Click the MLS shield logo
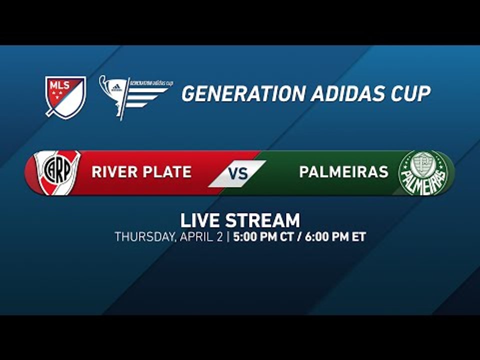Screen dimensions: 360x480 tap(65, 96)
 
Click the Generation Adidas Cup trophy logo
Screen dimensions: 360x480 tap(134, 95)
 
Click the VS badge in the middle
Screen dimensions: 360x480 tap(238, 173)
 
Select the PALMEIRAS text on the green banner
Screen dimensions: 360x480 tap(343, 172)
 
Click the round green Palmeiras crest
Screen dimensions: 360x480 tap(423, 173)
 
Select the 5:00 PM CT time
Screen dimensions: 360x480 tap(262, 237)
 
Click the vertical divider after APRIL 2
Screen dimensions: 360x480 tap(228, 237)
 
